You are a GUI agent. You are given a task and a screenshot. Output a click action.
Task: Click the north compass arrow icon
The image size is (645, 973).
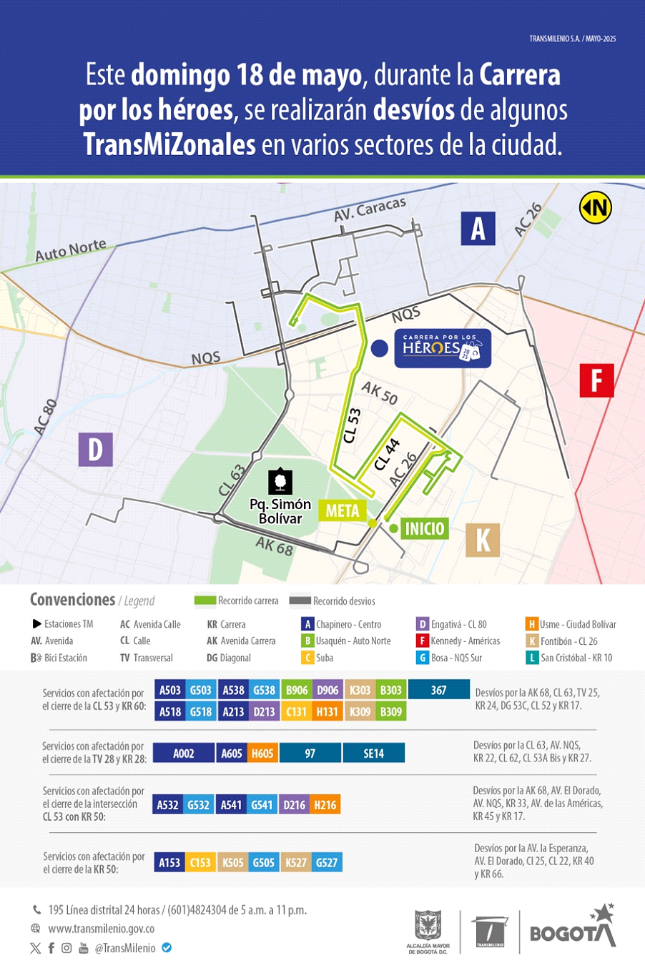(x=595, y=208)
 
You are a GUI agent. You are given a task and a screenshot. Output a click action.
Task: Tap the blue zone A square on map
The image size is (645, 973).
(x=478, y=229)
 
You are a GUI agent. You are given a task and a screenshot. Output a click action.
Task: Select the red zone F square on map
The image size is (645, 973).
(x=596, y=380)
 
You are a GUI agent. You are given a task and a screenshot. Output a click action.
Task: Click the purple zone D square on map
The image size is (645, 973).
(x=95, y=450)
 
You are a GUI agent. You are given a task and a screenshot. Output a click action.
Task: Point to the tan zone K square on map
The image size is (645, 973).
(x=483, y=540)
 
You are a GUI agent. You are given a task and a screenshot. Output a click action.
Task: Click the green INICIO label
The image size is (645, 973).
(x=424, y=528)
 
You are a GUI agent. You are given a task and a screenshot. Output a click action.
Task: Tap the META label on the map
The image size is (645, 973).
(x=342, y=510)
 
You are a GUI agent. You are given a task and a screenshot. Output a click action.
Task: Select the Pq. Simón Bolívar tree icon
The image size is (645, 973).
(x=280, y=482)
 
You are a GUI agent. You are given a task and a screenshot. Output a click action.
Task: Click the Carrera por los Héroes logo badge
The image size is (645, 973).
(x=443, y=348)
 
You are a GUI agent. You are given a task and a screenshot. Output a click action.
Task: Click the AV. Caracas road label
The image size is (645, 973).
(x=370, y=209)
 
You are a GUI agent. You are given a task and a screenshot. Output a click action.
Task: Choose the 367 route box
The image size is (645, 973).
(x=438, y=690)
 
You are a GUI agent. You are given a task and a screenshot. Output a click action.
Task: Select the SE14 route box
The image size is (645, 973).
(x=373, y=754)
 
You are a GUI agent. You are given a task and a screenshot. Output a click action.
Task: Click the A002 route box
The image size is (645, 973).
(x=184, y=754)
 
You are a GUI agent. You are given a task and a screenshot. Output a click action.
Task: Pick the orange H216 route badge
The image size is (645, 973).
(x=325, y=805)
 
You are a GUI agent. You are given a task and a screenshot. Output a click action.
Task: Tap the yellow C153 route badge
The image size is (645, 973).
(x=200, y=863)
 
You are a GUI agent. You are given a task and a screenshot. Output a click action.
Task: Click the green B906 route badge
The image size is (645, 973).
(x=297, y=690)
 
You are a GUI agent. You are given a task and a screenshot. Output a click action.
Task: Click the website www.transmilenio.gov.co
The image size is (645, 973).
(x=101, y=929)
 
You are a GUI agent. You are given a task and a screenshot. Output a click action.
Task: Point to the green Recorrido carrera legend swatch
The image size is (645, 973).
(x=205, y=601)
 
